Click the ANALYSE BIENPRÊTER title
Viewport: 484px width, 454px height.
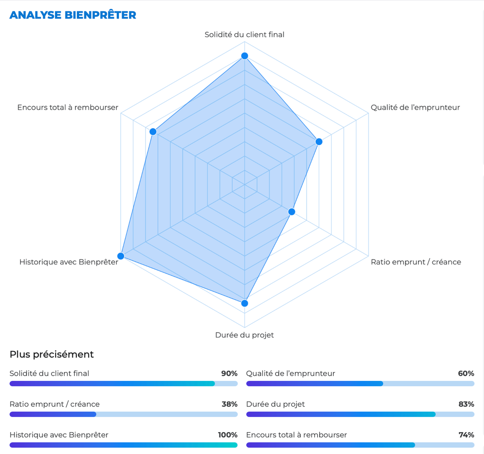[73, 15]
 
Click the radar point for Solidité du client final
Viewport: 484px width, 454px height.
[245, 56]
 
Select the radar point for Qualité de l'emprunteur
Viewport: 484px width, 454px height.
[319, 142]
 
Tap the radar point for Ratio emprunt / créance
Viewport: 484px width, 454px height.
[292, 211]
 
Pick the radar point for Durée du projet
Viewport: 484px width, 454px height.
[245, 303]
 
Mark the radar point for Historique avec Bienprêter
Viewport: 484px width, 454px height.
[121, 256]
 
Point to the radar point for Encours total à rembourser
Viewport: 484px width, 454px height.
[153, 132]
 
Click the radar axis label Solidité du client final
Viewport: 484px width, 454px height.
[245, 34]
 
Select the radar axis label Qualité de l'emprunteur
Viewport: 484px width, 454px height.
[415, 107]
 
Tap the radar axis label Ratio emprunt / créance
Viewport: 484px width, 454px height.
[416, 262]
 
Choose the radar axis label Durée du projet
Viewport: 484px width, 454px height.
[245, 335]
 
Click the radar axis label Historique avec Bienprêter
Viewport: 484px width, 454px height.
[69, 262]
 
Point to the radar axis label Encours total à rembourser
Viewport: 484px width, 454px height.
[68, 107]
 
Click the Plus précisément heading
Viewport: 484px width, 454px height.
[52, 354]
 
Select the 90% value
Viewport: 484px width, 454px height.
[229, 373]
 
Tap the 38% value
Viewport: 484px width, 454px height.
[229, 404]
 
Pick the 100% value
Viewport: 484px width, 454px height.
[228, 435]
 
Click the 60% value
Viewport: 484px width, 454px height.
[466, 373]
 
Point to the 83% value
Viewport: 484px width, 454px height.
[466, 404]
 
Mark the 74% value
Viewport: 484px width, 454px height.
[466, 435]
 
